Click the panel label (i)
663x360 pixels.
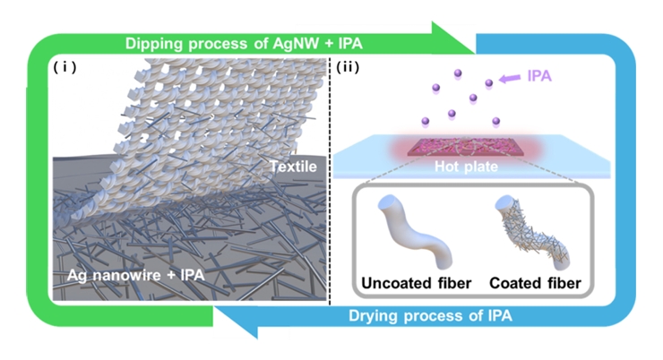pyautogui.click(x=67, y=67)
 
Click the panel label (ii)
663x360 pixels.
pyautogui.click(x=350, y=67)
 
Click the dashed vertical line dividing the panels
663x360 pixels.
pyautogui.click(x=332, y=179)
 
